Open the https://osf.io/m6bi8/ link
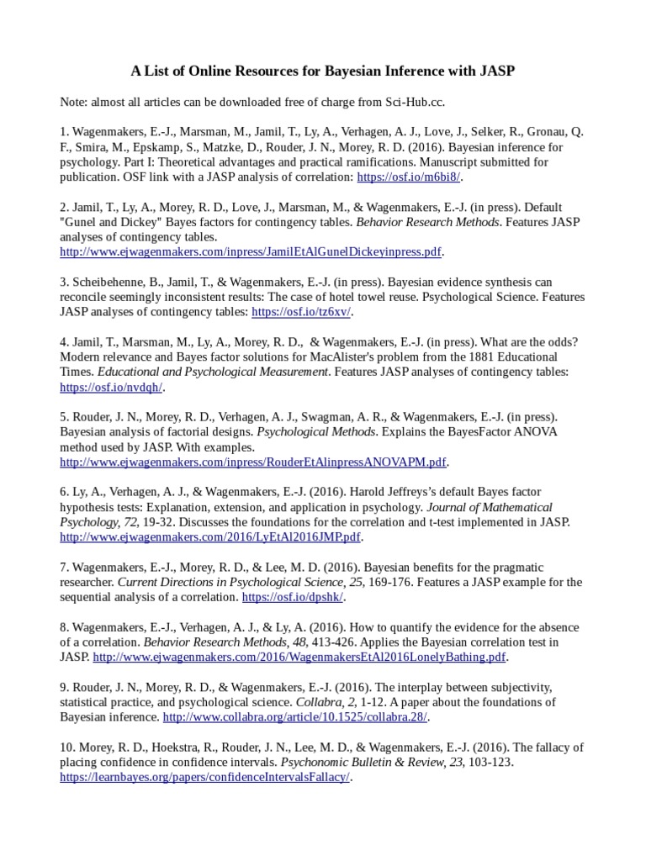pyautogui.click(x=409, y=177)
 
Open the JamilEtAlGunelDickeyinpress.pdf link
pyautogui.click(x=250, y=251)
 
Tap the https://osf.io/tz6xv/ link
pyautogui.click(x=301, y=312)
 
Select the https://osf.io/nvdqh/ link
pyautogui.click(x=111, y=388)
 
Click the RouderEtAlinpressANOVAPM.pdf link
pyautogui.click(x=252, y=462)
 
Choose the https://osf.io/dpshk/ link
pyautogui.click(x=292, y=597)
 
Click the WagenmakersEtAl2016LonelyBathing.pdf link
pyautogui.click(x=299, y=657)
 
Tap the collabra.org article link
pyautogui.click(x=294, y=717)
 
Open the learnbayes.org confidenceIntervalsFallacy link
pyautogui.click(x=204, y=778)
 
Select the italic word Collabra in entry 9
pyautogui.click(x=317, y=702)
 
